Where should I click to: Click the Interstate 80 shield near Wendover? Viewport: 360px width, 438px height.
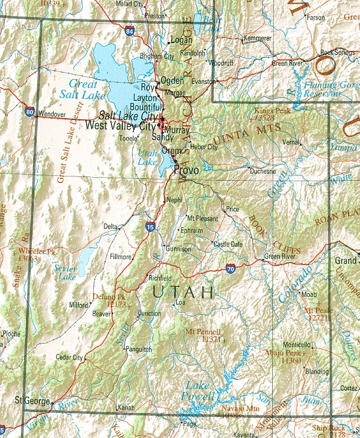pyautogui.click(x=30, y=111)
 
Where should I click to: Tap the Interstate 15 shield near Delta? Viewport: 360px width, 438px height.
pyautogui.click(x=150, y=227)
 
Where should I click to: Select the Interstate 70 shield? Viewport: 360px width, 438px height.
pyautogui.click(x=230, y=269)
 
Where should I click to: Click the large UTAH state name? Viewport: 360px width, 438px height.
pyautogui.click(x=183, y=291)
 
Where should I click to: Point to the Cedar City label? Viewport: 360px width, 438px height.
pyautogui.click(x=69, y=357)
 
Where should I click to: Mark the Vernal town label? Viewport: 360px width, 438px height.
pyautogui.click(x=290, y=142)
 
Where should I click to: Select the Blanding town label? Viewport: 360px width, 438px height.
pyautogui.click(x=317, y=371)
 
